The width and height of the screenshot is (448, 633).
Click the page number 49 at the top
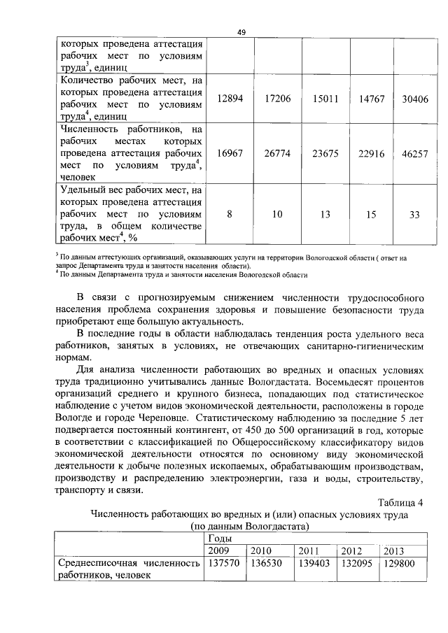pyautogui.click(x=241, y=31)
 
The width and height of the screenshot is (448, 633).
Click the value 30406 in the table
pyautogui.click(x=415, y=99)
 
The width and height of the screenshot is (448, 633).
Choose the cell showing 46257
pyautogui.click(x=415, y=153)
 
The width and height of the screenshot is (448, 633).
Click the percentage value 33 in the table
pyautogui.click(x=415, y=214)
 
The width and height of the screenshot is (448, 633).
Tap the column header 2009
pyautogui.click(x=220, y=550)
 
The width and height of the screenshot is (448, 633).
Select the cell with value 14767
pyautogui.click(x=372, y=99)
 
